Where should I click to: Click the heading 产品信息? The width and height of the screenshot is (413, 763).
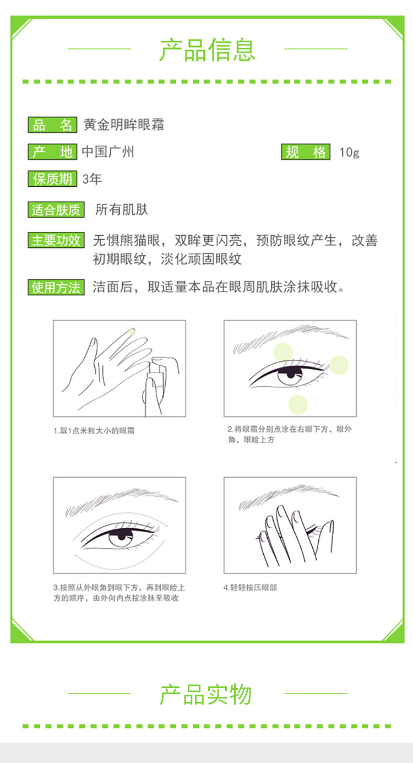[208, 50]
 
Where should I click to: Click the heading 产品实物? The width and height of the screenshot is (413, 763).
[205, 694]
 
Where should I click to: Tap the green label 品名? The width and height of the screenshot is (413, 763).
[52, 125]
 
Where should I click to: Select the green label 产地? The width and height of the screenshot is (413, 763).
[52, 151]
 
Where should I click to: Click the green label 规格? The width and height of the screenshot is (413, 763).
[306, 151]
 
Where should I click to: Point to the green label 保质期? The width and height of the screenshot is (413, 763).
[52, 179]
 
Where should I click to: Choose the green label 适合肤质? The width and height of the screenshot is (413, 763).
[56, 209]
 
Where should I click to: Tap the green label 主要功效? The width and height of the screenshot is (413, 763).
[56, 240]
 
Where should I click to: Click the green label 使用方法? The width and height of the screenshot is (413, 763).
[56, 287]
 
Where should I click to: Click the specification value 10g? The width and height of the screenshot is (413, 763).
[349, 152]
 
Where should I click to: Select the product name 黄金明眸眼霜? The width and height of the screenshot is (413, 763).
[124, 125]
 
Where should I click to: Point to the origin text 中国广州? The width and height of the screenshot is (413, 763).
[108, 151]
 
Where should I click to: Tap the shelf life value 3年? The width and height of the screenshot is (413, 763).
[92, 179]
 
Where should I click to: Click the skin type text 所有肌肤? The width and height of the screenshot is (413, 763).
[122, 209]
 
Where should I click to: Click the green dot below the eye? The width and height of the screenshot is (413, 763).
[298, 404]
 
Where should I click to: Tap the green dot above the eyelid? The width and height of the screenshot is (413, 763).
[283, 352]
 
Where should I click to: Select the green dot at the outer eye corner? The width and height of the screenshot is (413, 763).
[339, 365]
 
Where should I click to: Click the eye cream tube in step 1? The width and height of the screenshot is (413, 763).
[156, 378]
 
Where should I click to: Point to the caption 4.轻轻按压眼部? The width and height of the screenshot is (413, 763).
[250, 588]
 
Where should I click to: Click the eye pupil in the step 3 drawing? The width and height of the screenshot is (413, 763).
[122, 536]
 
